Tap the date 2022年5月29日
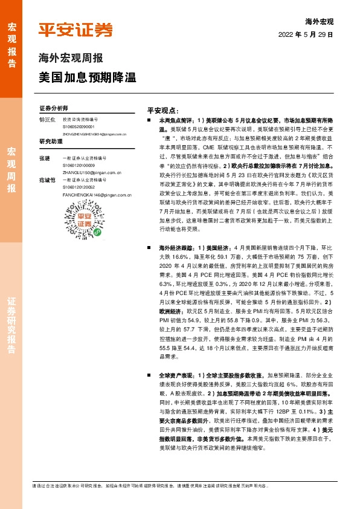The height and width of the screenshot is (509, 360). [306, 34]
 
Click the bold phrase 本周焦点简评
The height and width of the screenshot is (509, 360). [174, 121]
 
